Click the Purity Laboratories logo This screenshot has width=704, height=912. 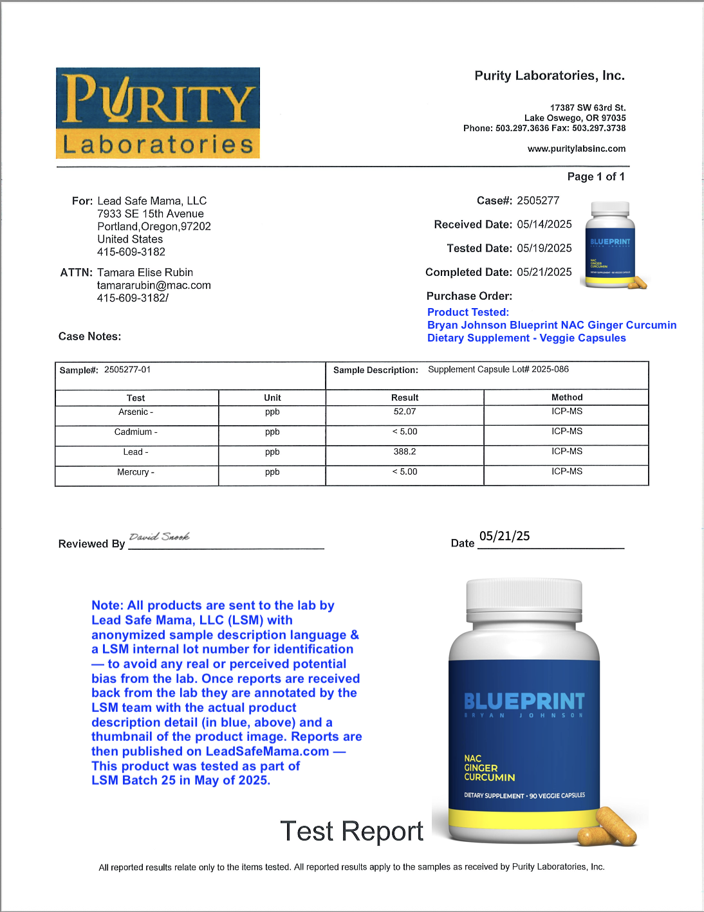[158, 113]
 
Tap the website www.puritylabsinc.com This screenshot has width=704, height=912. [576, 149]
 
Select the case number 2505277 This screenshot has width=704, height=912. [538, 201]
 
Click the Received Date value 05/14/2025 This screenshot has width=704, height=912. [544, 224]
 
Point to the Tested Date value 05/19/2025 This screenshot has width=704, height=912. [544, 248]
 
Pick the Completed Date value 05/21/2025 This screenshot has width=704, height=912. [544, 272]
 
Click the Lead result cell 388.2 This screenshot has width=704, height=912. [405, 452]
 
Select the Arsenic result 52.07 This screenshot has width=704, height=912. [405, 412]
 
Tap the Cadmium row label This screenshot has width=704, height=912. [136, 432]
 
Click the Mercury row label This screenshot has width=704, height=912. [136, 472]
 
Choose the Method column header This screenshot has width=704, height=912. [567, 397]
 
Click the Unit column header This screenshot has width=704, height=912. [272, 398]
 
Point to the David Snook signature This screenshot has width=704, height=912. [160, 536]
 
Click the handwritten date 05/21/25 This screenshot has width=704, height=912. [505, 536]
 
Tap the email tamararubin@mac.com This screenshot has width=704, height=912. [154, 286]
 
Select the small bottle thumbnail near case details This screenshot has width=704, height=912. [611, 245]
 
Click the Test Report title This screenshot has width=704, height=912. [351, 832]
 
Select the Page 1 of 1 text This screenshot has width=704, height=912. [596, 177]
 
